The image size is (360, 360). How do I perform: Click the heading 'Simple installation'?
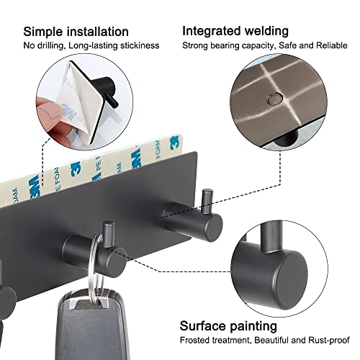76,32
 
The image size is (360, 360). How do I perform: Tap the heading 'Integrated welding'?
235,31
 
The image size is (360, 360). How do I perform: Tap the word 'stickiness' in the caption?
138,45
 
